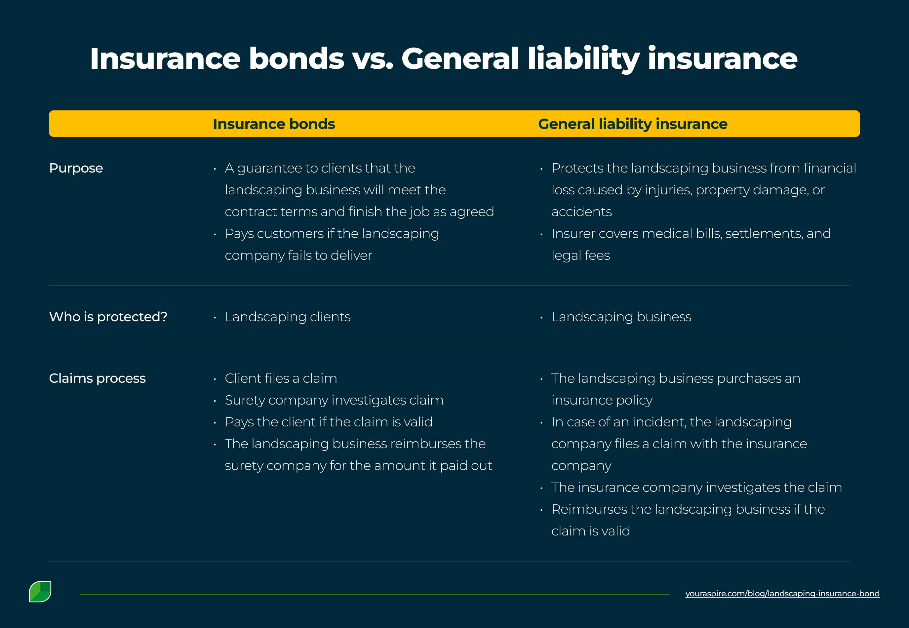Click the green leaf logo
(40, 591)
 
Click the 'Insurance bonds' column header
(274, 124)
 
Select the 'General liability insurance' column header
(632, 124)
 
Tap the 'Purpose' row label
(76, 168)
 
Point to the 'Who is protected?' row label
(108, 317)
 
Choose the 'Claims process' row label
(97, 378)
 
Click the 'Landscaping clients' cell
(287, 317)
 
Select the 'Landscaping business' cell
(621, 317)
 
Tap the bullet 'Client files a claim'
(281, 378)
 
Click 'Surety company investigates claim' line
(334, 400)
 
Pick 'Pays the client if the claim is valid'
(328, 422)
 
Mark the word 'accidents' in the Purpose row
(581, 212)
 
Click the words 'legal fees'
(580, 255)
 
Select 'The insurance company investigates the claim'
(696, 487)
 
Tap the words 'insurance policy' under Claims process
(602, 400)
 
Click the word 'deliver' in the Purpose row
(351, 255)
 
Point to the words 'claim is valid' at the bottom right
(590, 531)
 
